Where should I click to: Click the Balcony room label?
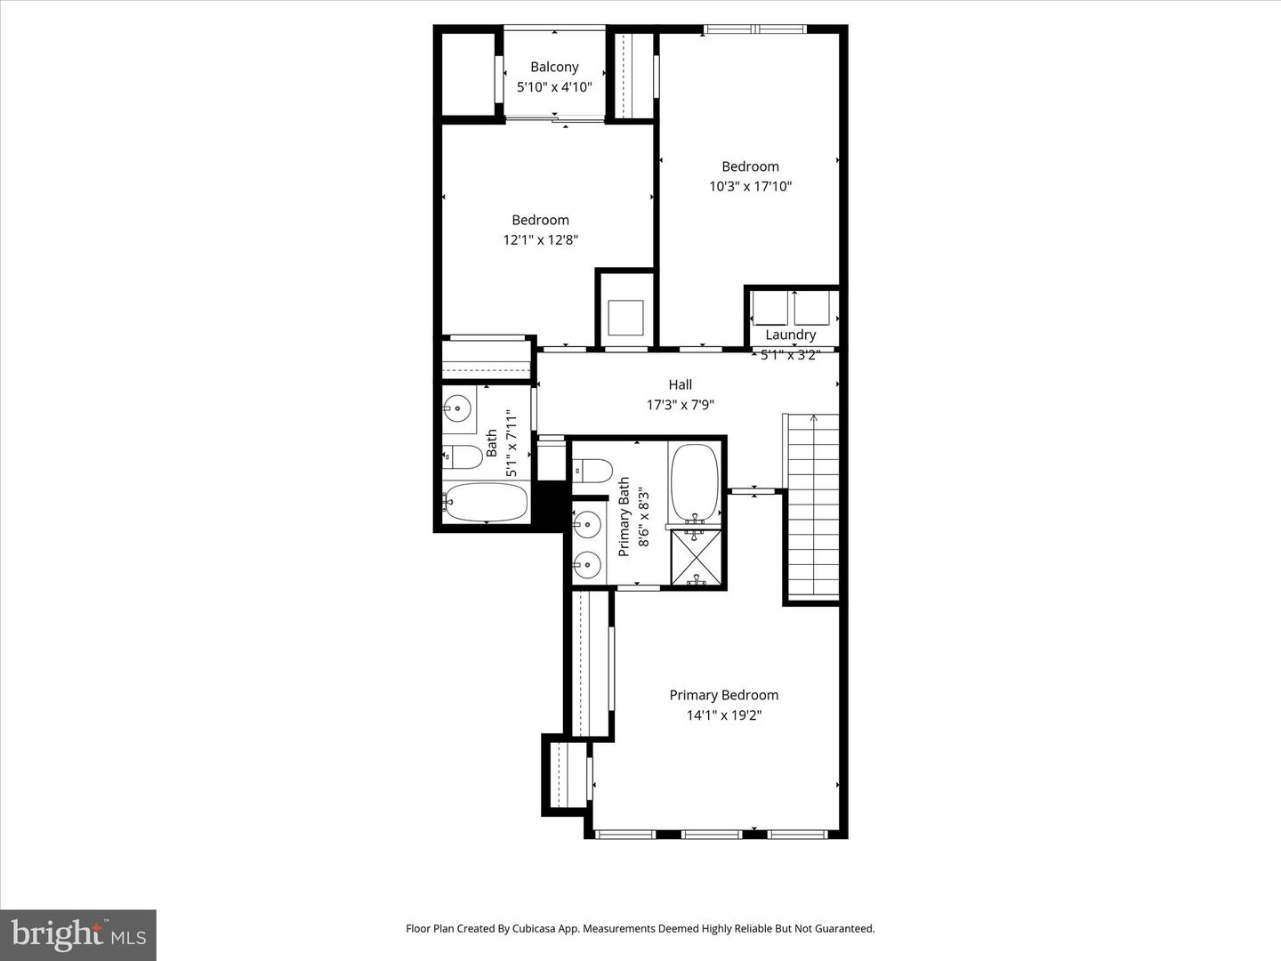pyautogui.click(x=554, y=67)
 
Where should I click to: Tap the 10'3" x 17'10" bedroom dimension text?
pyautogui.click(x=750, y=186)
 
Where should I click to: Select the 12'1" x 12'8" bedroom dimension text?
pyautogui.click(x=540, y=239)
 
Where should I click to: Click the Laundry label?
pyautogui.click(x=790, y=335)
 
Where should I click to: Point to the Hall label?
pyautogui.click(x=680, y=384)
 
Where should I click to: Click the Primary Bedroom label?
pyautogui.click(x=723, y=695)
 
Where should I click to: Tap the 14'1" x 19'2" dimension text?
pyautogui.click(x=723, y=715)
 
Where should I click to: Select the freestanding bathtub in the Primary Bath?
pyautogui.click(x=695, y=482)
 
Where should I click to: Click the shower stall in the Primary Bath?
pyautogui.click(x=696, y=558)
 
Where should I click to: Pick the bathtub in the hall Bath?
pyautogui.click(x=486, y=502)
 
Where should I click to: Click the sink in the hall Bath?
pyautogui.click(x=458, y=409)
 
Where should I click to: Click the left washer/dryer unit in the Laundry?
pyautogui.click(x=769, y=308)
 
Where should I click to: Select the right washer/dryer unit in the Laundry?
pyautogui.click(x=811, y=308)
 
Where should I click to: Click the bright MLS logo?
pyautogui.click(x=78, y=934)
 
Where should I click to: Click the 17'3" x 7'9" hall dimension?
pyautogui.click(x=680, y=405)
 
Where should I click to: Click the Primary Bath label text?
pyautogui.click(x=624, y=517)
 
